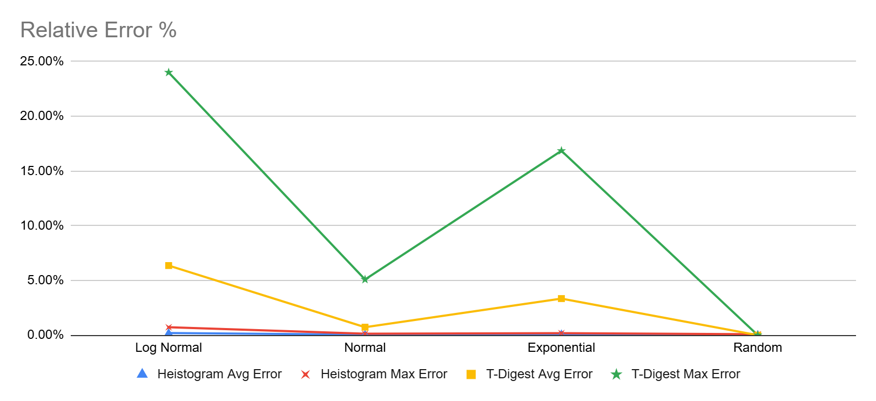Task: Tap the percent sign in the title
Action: pos(168,30)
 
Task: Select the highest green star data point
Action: pos(169,72)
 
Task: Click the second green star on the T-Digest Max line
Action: pos(365,279)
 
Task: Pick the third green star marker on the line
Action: pos(562,150)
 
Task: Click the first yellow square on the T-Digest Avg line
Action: pos(169,265)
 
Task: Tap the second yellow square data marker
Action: pos(365,327)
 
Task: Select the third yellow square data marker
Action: pos(562,298)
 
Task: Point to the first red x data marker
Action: pos(169,327)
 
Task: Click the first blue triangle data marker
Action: pos(169,332)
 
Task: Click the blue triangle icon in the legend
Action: pos(142,373)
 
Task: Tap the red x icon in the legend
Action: pos(306,374)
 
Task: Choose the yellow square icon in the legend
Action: pos(471,374)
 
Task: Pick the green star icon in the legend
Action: pos(616,374)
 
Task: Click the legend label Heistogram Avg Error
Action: pos(219,374)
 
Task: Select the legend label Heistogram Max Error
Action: pos(384,374)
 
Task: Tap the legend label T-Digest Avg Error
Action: pos(539,374)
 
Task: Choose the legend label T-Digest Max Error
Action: pos(686,374)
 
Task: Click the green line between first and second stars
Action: pos(267,176)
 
